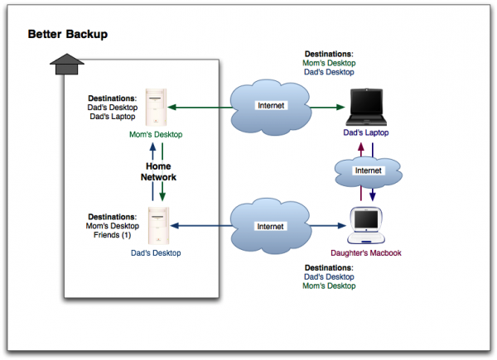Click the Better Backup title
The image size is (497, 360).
[68, 34]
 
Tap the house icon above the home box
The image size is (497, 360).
[67, 64]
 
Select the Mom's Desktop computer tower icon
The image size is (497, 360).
[156, 108]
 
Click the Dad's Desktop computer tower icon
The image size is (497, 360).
[158, 226]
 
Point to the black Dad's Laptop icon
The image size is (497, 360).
[366, 108]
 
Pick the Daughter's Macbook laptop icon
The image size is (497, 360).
[366, 225]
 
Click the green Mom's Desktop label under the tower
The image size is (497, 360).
[156, 135]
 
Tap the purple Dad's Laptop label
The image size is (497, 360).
[366, 132]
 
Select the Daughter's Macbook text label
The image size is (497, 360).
[366, 253]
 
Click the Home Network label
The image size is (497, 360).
[158, 171]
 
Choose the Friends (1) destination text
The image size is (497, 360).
[112, 235]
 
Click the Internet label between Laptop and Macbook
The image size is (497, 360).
[369, 170]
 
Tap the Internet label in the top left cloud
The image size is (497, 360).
[271, 105]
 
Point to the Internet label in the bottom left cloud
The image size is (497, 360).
[270, 227]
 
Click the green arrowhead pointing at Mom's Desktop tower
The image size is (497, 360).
[171, 108]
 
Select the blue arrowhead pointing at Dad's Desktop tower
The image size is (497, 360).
[174, 226]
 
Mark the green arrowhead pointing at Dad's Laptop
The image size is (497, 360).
[340, 108]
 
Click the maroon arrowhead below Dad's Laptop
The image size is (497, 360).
[360, 147]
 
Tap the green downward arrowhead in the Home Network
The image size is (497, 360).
[162, 197]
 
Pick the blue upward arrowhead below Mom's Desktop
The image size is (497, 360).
[152, 147]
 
